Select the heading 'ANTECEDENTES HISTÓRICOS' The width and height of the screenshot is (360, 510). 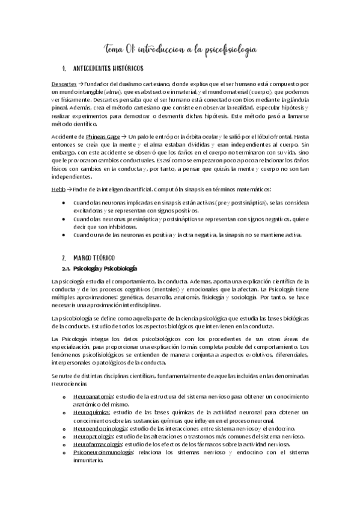[114, 68]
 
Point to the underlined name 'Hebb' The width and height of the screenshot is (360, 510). [58, 188]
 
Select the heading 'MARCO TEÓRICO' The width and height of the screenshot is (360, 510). [97, 256]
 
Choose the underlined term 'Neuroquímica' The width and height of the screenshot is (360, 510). [91, 413]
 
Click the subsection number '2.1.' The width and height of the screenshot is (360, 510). [67, 268]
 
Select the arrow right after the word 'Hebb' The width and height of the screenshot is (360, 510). [70, 188]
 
